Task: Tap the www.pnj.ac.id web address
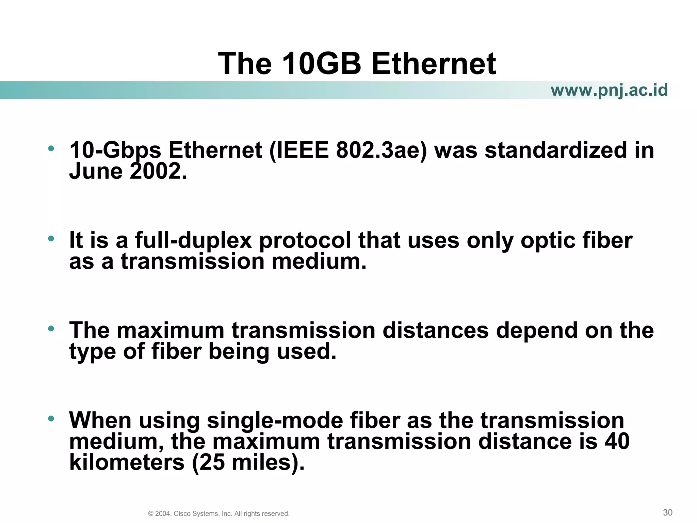point(609,90)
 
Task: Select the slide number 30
point(667,512)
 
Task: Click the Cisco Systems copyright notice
point(219,513)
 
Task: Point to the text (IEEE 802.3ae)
point(348,150)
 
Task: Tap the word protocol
point(305,240)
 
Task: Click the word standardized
point(556,150)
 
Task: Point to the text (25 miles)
point(248,462)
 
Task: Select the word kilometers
point(127,462)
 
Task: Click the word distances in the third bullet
point(435,330)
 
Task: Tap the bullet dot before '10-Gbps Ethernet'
point(51,148)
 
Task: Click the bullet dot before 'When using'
point(51,419)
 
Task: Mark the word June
point(96,171)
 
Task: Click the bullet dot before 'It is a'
point(51,239)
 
